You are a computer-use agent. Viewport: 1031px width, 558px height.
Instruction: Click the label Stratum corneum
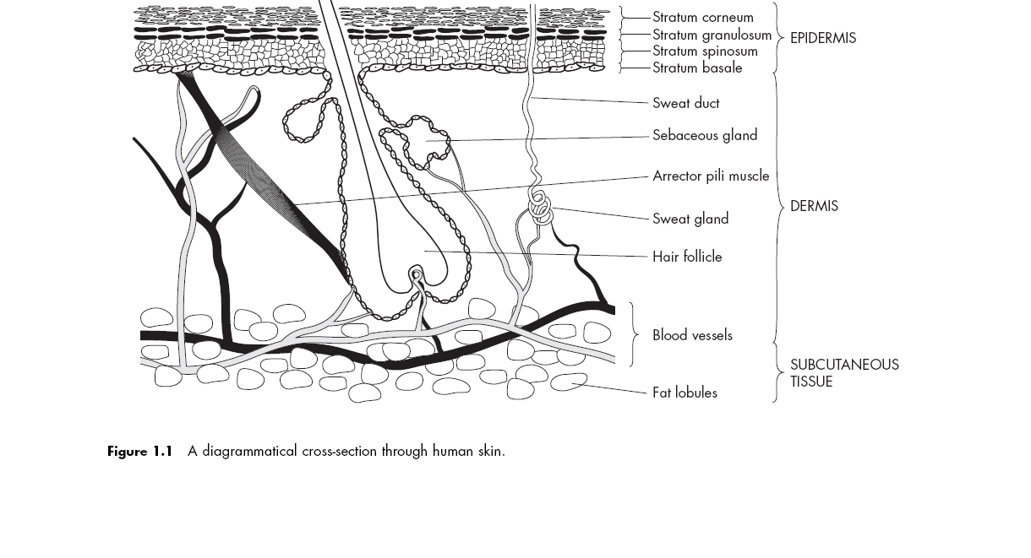click(702, 17)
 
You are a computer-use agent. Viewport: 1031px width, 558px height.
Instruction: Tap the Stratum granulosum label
click(712, 35)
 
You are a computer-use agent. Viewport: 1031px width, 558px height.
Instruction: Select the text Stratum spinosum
click(705, 51)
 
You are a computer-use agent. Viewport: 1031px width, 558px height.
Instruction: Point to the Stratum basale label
click(697, 68)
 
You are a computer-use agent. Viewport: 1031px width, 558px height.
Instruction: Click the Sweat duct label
click(685, 103)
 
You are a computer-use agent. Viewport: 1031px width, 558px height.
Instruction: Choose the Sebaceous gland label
click(704, 135)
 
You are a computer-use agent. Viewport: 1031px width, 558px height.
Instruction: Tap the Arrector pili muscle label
click(711, 176)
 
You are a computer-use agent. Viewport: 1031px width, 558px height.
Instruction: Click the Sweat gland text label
click(690, 219)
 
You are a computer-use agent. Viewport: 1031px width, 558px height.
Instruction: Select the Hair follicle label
click(687, 257)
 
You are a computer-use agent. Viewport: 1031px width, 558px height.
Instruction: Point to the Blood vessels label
click(692, 335)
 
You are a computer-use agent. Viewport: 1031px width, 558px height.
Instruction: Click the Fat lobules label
click(685, 393)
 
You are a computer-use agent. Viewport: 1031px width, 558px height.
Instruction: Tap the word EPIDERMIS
click(822, 38)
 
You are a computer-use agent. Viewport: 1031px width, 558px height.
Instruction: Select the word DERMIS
click(814, 206)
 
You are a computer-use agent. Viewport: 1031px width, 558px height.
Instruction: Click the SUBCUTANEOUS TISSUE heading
click(843, 373)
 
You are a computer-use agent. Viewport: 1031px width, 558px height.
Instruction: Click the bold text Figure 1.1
click(139, 451)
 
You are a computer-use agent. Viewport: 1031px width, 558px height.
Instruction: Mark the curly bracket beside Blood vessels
click(636, 335)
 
